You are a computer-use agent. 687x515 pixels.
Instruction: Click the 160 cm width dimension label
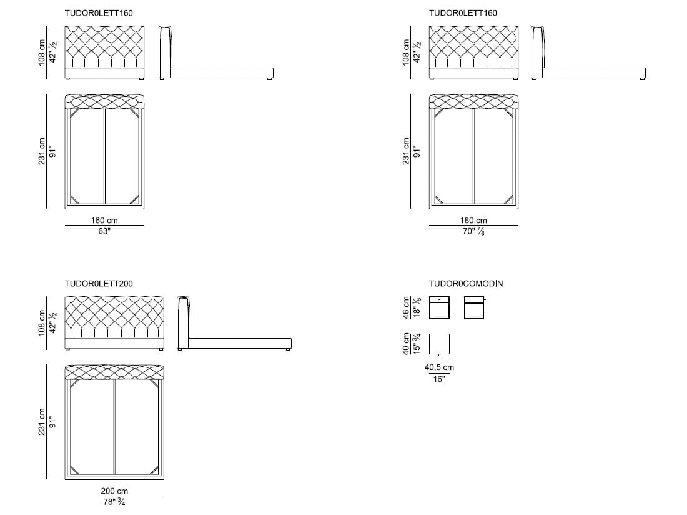pyautogui.click(x=104, y=221)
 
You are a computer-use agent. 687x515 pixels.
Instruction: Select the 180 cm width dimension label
pyautogui.click(x=473, y=221)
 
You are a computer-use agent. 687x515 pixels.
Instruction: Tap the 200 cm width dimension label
pyautogui.click(x=114, y=491)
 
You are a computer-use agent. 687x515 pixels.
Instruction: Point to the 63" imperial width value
pyautogui.click(x=104, y=231)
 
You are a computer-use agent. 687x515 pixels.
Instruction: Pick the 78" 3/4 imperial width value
pyautogui.click(x=114, y=502)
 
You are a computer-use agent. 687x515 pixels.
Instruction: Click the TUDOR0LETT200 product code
pyautogui.click(x=99, y=284)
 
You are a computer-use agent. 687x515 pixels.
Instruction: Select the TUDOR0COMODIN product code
pyautogui.click(x=466, y=284)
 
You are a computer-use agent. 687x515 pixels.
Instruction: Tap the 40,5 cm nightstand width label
pyautogui.click(x=439, y=368)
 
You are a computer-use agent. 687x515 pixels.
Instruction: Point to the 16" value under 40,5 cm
pyautogui.click(x=439, y=379)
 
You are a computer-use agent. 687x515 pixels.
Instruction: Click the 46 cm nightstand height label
pyautogui.click(x=407, y=307)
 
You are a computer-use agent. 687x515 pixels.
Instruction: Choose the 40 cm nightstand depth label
pyautogui.click(x=407, y=344)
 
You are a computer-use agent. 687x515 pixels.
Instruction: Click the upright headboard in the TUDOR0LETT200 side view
pyautogui.click(x=183, y=322)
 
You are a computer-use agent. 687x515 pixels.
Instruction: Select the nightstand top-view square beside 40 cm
pyautogui.click(x=439, y=344)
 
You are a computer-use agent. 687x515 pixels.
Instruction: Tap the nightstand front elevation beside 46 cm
pyautogui.click(x=439, y=307)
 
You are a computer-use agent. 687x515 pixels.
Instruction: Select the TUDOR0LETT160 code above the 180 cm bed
pyautogui.click(x=463, y=13)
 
